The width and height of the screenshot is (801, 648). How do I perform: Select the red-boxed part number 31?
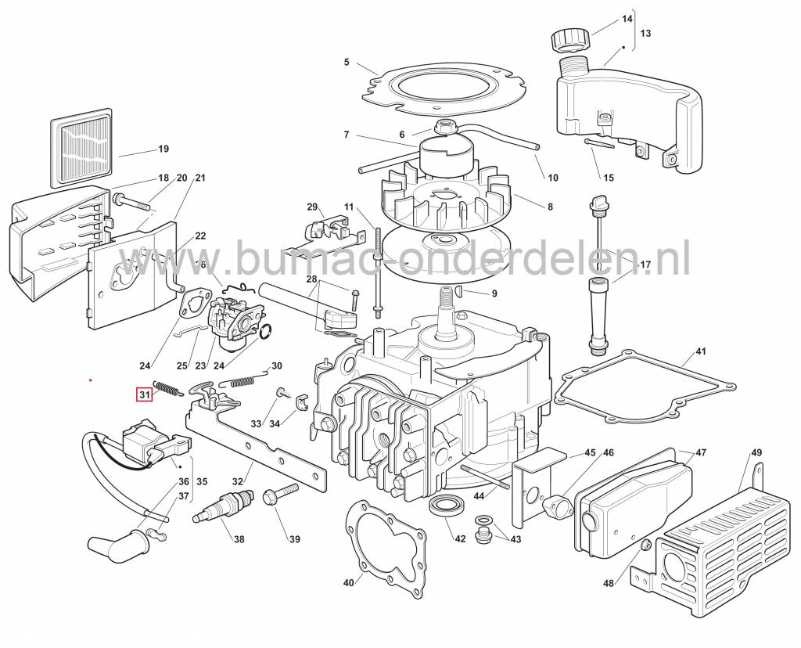coord(145,395)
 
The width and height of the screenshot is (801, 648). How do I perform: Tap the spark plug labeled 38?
coord(223,506)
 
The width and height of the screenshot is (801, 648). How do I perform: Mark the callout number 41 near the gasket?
coord(700,351)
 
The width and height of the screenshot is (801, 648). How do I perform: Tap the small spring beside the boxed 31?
coord(167,388)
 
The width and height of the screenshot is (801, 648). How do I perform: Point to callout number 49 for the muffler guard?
coord(756,453)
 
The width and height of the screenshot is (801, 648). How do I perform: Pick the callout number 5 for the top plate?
coord(347,63)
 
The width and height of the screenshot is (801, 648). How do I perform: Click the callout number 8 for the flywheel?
coord(550,207)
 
